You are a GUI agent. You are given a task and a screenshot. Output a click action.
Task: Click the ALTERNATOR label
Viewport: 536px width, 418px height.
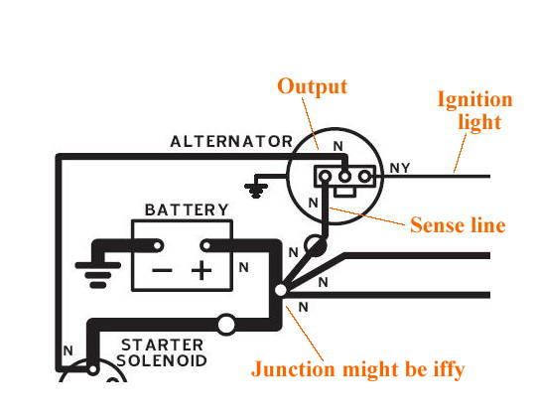[231, 142]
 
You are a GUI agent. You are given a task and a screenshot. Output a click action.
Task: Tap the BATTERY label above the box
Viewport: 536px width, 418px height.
[187, 209]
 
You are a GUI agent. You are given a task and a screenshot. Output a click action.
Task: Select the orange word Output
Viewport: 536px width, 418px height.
[312, 86]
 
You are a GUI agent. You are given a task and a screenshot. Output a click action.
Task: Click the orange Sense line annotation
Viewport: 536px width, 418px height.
[458, 225]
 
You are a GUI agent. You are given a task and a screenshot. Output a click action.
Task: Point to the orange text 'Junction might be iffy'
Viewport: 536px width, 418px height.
[358, 369]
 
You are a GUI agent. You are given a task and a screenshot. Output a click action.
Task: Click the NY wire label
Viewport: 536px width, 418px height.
[400, 168]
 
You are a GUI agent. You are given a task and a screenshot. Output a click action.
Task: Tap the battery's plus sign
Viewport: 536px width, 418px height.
[201, 270]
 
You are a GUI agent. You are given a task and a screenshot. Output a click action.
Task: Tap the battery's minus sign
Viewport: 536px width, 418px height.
[162, 271]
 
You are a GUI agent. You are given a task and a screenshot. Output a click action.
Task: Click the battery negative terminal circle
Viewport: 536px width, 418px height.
[158, 245]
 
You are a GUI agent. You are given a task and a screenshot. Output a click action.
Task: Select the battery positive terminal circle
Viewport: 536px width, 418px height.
[206, 245]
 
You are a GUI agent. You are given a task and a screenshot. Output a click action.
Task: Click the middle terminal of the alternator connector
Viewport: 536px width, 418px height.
[344, 177]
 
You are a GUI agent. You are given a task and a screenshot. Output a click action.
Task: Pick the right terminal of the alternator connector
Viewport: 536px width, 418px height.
[364, 177]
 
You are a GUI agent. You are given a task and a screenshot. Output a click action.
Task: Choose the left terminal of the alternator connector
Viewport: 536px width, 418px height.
[325, 177]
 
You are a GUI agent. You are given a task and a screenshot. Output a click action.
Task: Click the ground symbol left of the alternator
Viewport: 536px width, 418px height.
[256, 191]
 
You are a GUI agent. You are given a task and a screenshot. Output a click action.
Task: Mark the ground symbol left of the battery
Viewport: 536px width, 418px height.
[97, 275]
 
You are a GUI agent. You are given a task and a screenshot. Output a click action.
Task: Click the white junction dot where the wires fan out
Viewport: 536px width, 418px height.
[280, 290]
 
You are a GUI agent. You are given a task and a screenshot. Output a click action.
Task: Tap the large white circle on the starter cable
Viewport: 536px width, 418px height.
[226, 325]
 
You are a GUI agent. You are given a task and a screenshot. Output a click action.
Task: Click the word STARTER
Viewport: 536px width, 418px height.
[163, 346]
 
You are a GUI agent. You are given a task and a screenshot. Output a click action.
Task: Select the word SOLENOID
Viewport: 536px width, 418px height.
[162, 360]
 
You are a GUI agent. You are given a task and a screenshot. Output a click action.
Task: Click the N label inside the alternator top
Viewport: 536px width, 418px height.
[337, 146]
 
